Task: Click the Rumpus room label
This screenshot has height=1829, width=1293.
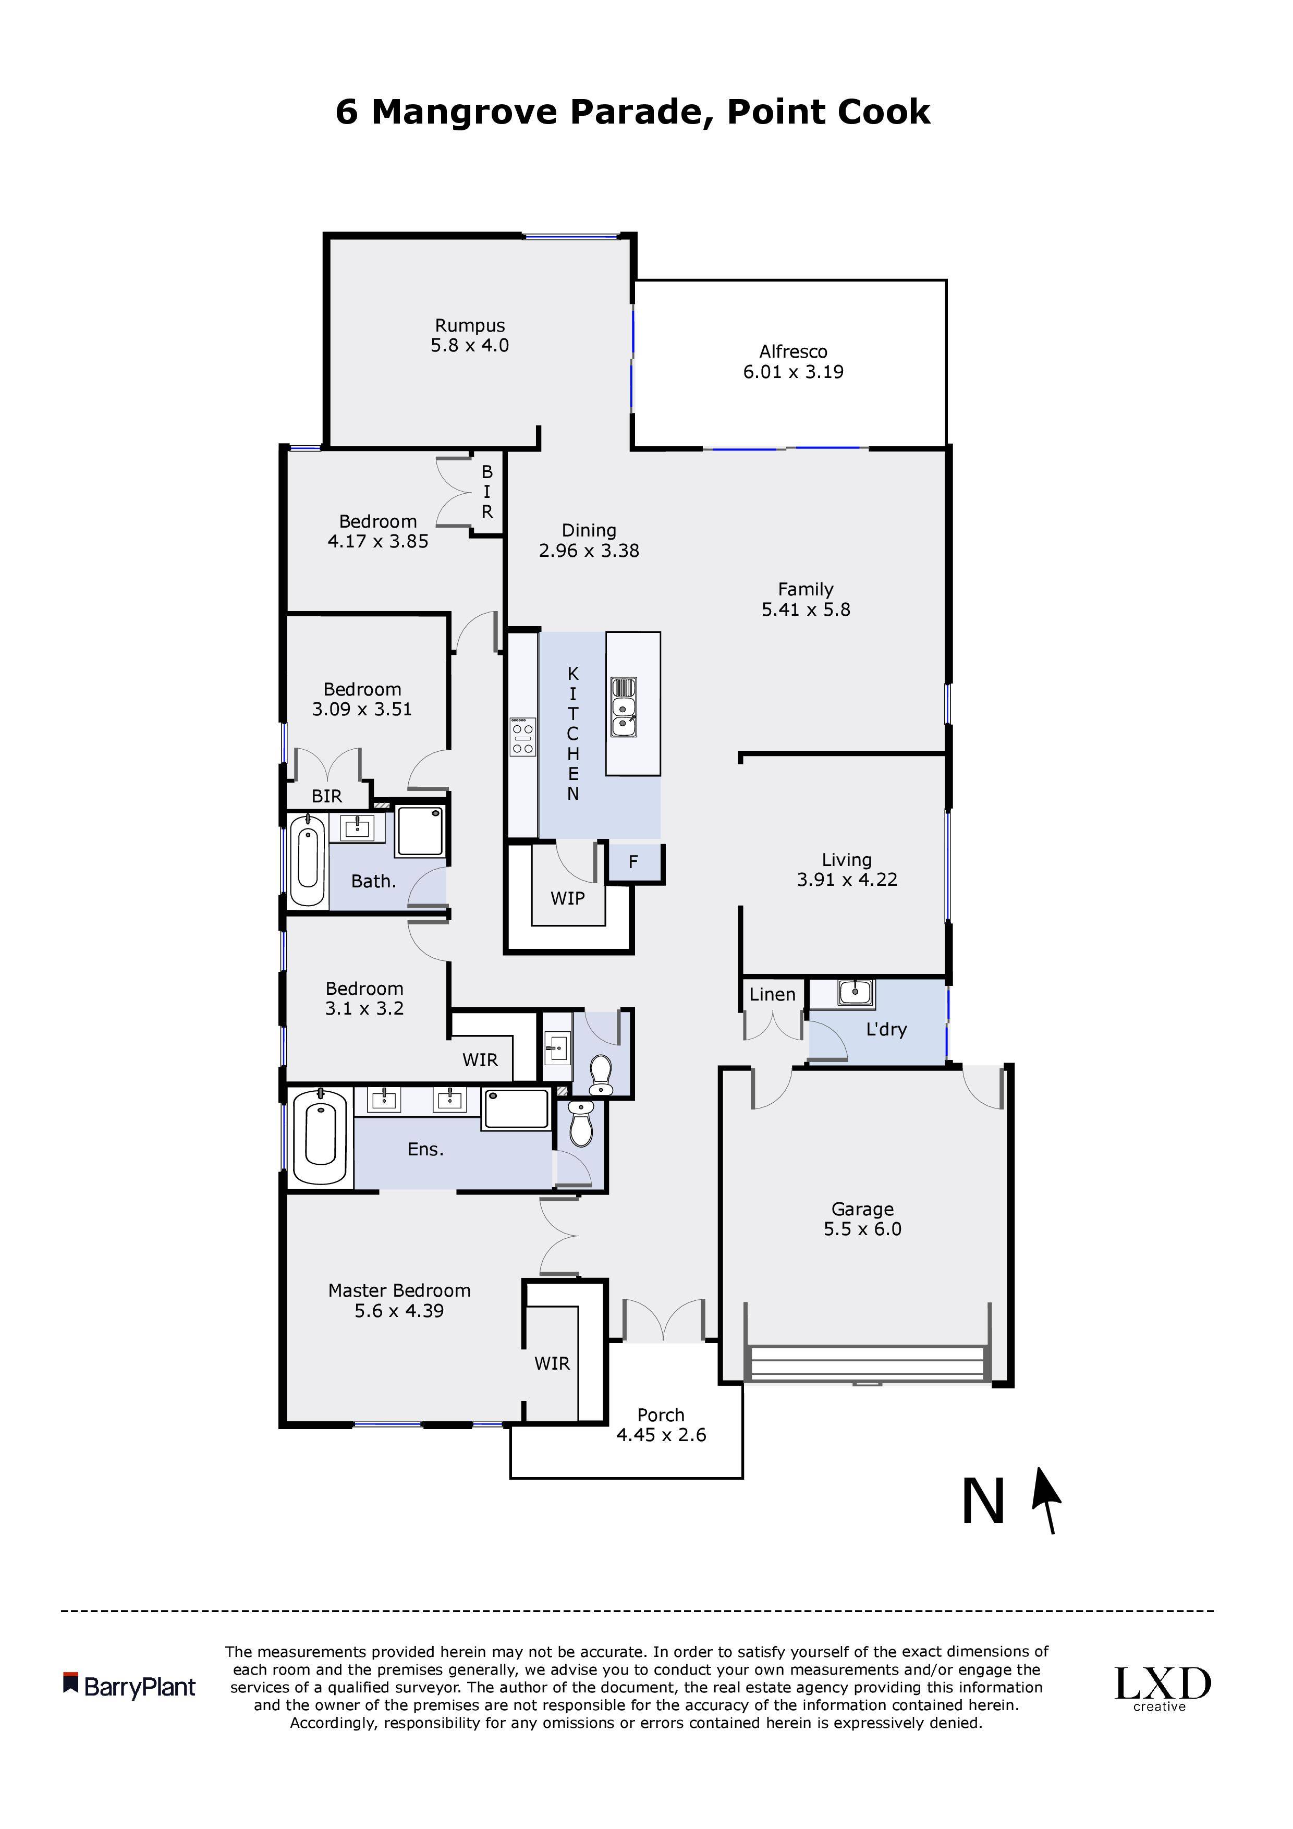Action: pos(470,326)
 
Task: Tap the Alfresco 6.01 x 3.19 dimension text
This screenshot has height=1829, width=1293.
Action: pos(794,372)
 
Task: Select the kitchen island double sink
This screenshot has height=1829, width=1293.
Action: pos(624,706)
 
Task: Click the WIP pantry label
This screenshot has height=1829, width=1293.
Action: pos(567,898)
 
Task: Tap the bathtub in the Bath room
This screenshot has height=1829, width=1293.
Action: pos(307,861)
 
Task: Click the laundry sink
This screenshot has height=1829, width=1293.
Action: pos(856,993)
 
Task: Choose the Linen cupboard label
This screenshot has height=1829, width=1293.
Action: pos(772,995)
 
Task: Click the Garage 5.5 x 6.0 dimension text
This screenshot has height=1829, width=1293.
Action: pos(863,1229)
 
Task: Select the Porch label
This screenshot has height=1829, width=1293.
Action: pos(661,1416)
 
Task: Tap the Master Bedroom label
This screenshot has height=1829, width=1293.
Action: pos(399,1290)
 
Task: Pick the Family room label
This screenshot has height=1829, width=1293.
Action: pos(806,590)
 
